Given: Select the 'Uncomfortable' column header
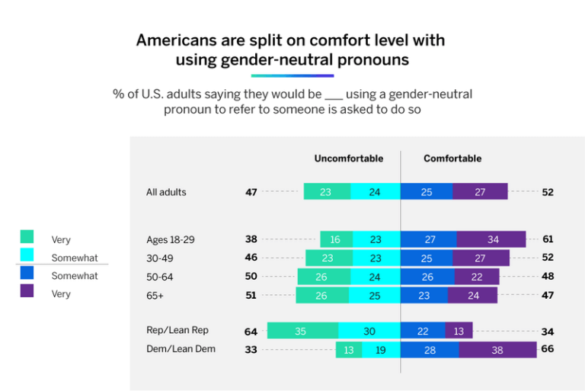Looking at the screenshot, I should tap(348, 159).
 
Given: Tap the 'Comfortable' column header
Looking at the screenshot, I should tap(452, 159).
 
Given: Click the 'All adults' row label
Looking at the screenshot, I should tap(166, 192).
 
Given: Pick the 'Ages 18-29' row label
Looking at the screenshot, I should tap(170, 239).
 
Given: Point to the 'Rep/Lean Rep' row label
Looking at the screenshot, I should tap(177, 330).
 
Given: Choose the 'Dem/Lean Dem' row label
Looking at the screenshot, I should tap(181, 349).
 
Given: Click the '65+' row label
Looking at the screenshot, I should tap(155, 295).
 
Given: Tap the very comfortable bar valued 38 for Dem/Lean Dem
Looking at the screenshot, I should tap(497, 350).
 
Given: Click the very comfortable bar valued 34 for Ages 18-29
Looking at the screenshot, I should tap(491, 239).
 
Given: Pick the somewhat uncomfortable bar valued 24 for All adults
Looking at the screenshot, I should tap(375, 192).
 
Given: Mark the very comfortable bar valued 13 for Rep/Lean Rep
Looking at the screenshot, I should tap(459, 331).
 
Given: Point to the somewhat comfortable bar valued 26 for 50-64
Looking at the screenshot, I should tap(427, 277).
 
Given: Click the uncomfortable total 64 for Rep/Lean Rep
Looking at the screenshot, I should tap(251, 331).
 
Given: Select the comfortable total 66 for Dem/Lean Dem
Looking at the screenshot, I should tap(548, 349).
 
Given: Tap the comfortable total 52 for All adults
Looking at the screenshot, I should tap(548, 192).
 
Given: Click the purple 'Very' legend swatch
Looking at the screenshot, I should tap(27, 290).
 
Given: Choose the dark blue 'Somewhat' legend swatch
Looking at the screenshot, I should tap(27, 272).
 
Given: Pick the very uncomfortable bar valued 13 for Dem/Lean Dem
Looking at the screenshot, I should tap(349, 350).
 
